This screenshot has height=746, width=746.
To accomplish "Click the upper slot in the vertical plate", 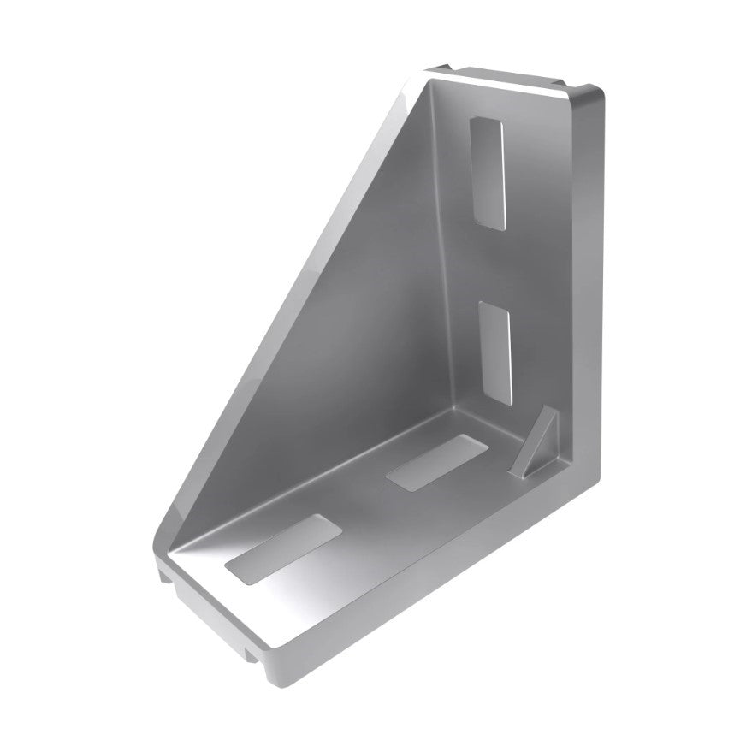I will (489, 170).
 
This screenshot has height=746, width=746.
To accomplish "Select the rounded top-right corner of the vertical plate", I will (590, 90).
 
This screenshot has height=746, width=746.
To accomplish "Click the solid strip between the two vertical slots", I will (494, 261).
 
